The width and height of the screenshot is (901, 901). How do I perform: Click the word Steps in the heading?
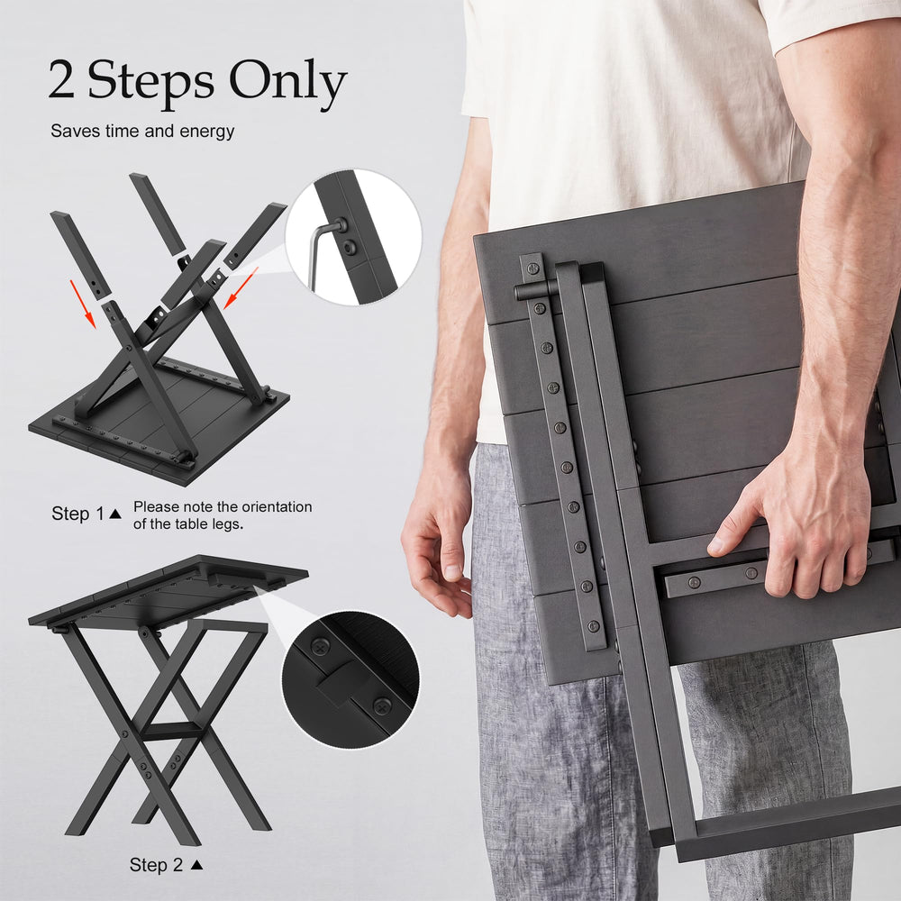coord(150,83)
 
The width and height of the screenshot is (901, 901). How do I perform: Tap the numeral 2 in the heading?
coord(61,79)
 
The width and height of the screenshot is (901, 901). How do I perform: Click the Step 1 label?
coord(78,514)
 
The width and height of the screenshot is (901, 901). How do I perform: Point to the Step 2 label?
coord(156,864)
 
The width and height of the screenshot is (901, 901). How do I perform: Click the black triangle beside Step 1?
coord(115,514)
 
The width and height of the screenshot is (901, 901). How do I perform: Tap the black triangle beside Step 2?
coord(196,864)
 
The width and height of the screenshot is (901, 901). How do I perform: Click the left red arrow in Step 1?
coord(82,304)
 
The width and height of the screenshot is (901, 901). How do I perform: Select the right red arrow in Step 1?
coord(241,288)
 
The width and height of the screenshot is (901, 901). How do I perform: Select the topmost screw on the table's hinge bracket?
coord(532,268)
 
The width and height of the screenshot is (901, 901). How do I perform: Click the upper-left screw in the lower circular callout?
coord(320,647)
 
